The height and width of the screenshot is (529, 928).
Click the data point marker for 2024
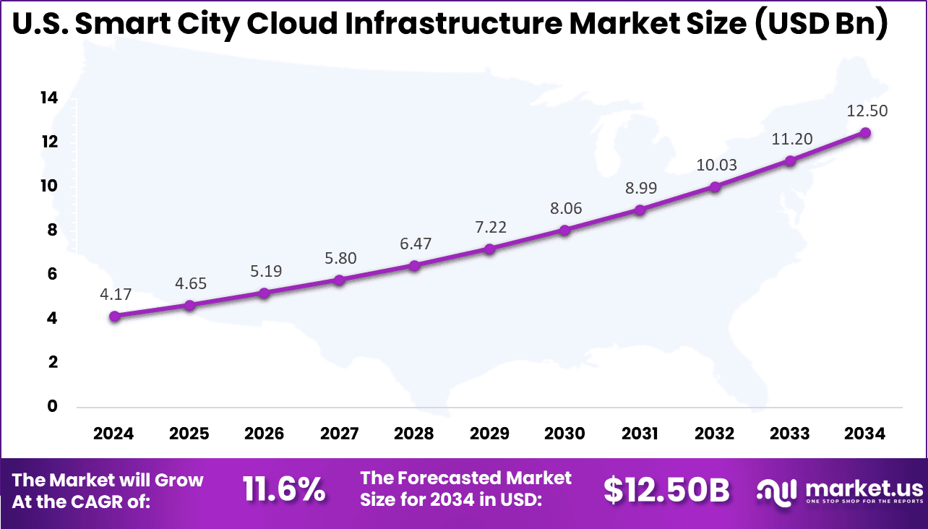click(x=114, y=316)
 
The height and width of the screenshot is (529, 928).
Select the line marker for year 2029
click(x=489, y=249)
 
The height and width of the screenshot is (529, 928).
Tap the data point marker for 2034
click(x=865, y=133)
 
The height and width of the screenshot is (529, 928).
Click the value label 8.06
click(x=564, y=209)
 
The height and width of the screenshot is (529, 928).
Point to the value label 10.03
click(x=717, y=165)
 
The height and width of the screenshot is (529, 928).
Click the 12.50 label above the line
click(x=867, y=111)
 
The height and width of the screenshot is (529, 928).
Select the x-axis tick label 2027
click(x=340, y=434)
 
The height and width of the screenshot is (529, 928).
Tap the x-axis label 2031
click(x=640, y=434)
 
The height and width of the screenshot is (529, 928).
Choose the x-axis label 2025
click(x=189, y=434)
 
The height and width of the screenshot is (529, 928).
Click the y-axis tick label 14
click(x=48, y=98)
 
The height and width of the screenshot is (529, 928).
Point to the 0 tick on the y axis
click(x=52, y=406)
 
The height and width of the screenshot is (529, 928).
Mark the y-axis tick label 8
click(x=52, y=230)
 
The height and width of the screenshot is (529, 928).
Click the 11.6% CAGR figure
click(x=283, y=490)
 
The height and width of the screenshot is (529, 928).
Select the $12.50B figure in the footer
click(x=666, y=490)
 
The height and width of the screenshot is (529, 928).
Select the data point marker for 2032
click(x=715, y=186)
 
